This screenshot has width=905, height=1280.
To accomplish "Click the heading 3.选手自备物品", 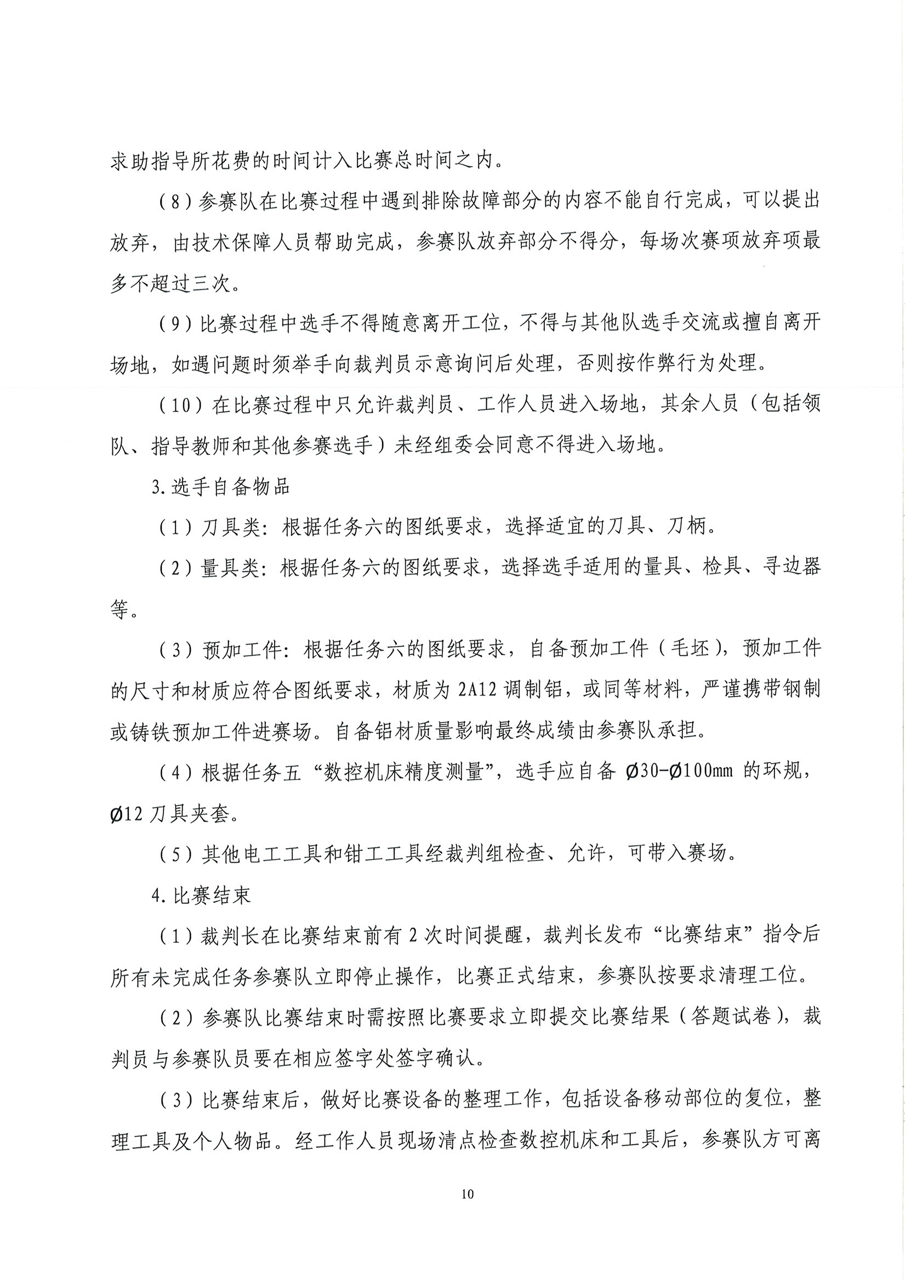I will pyautogui.click(x=221, y=487).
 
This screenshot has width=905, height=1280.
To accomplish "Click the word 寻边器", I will pyautogui.click(x=790, y=567).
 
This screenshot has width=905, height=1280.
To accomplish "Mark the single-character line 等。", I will pyautogui.click(x=124, y=610).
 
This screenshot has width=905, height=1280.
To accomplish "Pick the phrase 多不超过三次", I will pyautogui.click(x=169, y=284).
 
